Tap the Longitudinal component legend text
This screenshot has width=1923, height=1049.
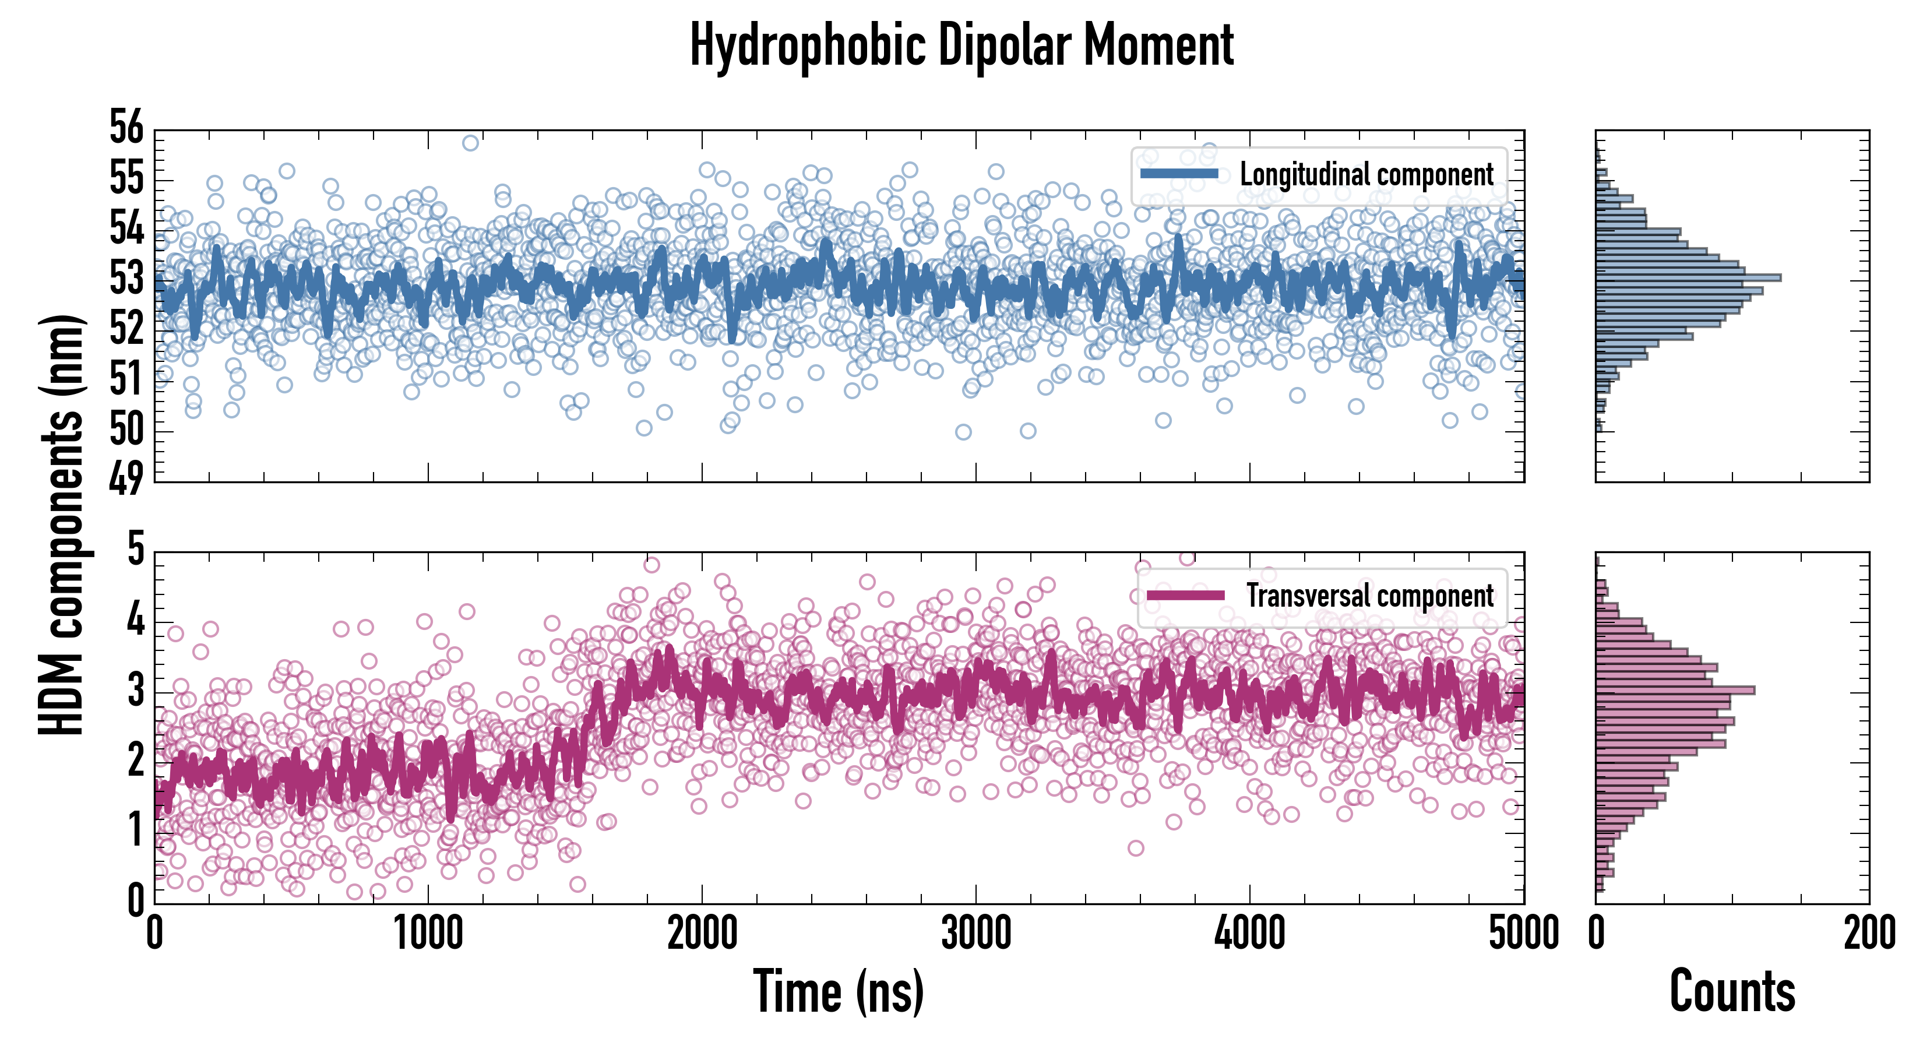(1366, 175)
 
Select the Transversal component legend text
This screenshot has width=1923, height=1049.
(1370, 596)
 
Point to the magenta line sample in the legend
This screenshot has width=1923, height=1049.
(1185, 595)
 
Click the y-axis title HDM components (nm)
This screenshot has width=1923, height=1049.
(61, 523)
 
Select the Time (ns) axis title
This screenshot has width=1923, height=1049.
(839, 991)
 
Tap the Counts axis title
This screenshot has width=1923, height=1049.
(1732, 991)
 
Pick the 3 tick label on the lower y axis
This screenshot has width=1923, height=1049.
(135, 690)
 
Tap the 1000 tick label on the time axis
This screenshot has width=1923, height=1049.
(428, 933)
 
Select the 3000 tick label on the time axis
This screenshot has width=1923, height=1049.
(975, 933)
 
